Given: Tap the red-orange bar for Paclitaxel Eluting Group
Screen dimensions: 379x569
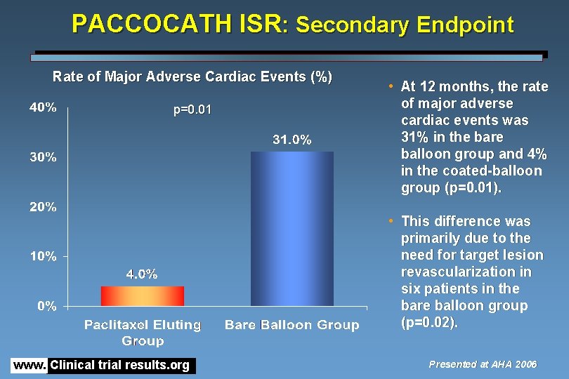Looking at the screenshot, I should [x=142, y=295].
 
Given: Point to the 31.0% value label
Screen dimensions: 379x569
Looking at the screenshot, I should [x=292, y=140].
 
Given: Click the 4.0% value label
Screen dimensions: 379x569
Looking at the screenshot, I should [x=142, y=274].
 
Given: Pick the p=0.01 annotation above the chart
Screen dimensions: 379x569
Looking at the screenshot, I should [x=192, y=110].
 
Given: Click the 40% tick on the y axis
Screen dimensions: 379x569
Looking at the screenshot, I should [x=43, y=108].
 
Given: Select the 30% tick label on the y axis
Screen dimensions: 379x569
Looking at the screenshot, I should [x=43, y=157].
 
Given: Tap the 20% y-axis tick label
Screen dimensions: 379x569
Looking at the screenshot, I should [x=43, y=207].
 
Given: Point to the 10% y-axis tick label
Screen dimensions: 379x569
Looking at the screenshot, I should [x=43, y=256].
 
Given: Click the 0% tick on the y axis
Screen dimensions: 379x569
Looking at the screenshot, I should [x=46, y=306].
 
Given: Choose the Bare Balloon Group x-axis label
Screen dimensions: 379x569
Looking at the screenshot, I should [x=292, y=325].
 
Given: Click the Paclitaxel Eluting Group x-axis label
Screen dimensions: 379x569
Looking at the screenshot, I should [x=143, y=333].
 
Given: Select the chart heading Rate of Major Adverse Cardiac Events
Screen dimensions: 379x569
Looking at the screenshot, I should [x=192, y=77].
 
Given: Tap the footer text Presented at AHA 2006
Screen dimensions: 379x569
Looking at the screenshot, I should [x=483, y=364].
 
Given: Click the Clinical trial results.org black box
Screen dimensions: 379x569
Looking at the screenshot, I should [x=122, y=365].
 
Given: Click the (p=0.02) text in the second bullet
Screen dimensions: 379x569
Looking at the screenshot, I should [x=429, y=323].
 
